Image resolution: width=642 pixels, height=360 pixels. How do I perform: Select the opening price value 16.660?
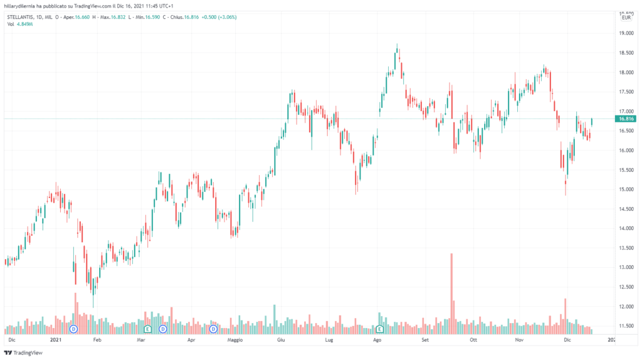82,18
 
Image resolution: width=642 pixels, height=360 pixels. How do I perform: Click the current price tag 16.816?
626,119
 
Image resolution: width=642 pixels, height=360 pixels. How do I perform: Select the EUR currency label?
624,20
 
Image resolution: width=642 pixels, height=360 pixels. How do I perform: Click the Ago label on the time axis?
377,339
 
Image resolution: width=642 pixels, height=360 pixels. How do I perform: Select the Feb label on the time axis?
97,339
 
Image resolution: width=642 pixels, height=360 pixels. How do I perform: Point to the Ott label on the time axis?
473,339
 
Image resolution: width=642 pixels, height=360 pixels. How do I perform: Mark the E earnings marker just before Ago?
380,329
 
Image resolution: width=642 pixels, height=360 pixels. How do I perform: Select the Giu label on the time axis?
281,339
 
